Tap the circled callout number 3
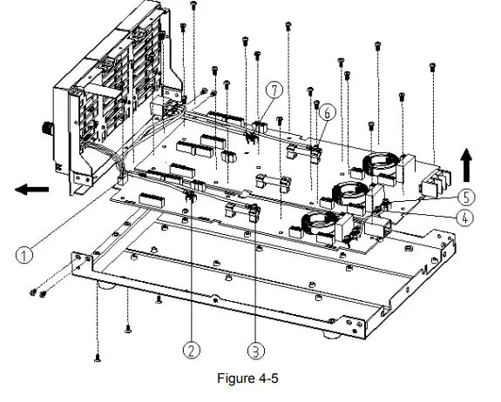[254, 350]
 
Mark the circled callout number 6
[327, 112]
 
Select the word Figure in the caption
[235, 379]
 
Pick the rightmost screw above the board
[433, 65]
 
